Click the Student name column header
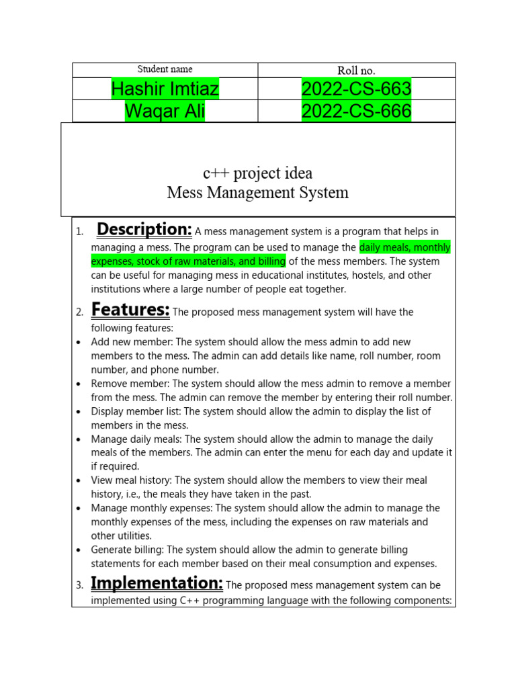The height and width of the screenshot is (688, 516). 165,69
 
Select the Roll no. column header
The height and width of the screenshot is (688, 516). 356,70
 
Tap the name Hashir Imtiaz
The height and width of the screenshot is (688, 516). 165,89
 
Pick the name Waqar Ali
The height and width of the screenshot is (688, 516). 165,111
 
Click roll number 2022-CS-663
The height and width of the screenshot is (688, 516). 356,89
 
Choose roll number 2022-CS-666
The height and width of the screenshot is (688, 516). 356,111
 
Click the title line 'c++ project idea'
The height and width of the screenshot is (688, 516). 258,173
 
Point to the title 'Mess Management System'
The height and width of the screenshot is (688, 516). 258,193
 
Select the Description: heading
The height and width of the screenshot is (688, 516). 144,230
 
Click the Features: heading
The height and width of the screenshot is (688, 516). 130,310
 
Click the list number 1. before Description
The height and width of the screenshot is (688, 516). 79,232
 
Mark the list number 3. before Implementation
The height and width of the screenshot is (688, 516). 79,586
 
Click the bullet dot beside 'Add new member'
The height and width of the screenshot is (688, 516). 79,343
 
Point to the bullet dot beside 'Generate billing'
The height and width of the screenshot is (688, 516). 79,550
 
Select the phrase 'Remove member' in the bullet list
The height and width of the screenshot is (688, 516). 130,384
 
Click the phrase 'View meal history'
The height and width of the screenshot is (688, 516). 132,480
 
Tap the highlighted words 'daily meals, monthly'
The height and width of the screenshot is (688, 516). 404,247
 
